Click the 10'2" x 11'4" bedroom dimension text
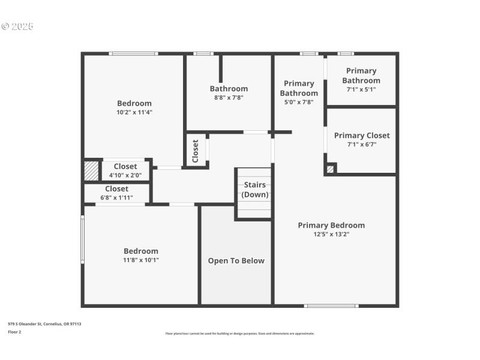click(134, 112)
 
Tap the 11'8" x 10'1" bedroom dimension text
click(141, 260)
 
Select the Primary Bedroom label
click(331, 225)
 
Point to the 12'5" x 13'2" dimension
click(331, 234)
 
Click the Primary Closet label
click(362, 135)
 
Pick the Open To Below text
click(236, 260)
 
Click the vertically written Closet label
click(196, 151)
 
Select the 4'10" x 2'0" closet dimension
click(125, 175)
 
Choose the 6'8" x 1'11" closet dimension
click(116, 197)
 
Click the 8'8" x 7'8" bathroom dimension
click(229, 97)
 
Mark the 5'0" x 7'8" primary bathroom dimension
click(299, 102)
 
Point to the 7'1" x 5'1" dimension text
click(361, 89)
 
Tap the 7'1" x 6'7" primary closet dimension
click(361, 144)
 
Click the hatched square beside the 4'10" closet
click(91, 171)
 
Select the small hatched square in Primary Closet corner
click(330, 169)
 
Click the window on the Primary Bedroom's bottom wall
click(331, 306)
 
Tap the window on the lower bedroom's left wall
click(83, 240)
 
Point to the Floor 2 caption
click(14, 331)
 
